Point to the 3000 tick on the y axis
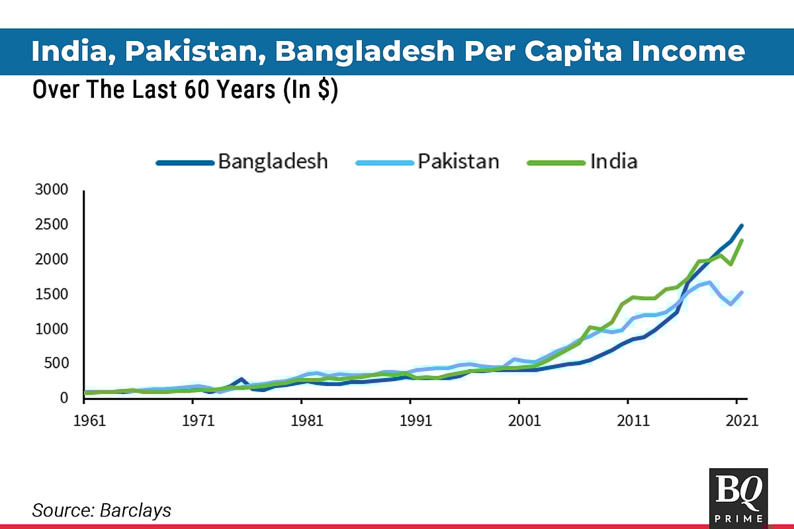(x=52, y=190)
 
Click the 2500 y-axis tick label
(x=52, y=225)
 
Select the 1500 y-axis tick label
(x=52, y=294)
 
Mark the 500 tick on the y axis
(x=56, y=363)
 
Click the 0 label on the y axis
(x=64, y=398)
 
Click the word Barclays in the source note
(x=136, y=510)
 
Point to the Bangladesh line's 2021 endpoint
(x=742, y=225)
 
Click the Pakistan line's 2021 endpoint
(x=742, y=292)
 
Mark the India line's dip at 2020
(x=730, y=264)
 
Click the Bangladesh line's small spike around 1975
(x=242, y=379)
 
